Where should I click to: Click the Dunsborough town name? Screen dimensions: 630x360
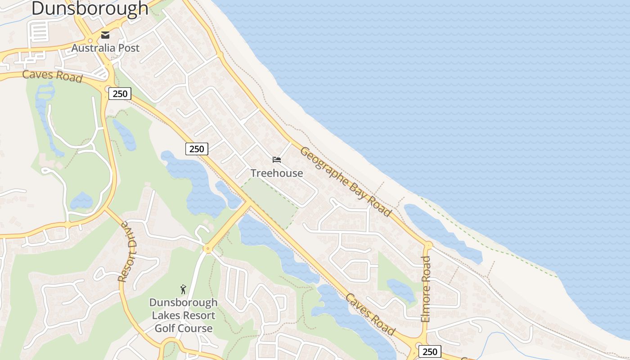tap(90, 9)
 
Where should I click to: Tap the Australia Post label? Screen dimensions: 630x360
tap(105, 48)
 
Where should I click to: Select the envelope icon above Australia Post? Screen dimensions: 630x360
tap(105, 35)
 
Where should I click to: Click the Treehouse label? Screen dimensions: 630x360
tap(277, 173)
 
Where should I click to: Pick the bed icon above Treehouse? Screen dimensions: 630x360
tap(277, 160)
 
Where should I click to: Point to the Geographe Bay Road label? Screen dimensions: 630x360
tap(346, 181)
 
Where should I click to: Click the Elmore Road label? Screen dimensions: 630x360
tap(426, 289)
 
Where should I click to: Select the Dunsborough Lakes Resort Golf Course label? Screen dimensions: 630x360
tap(183, 315)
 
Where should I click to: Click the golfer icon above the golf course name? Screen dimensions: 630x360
tap(183, 289)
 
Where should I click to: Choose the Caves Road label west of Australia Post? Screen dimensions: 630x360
tap(52, 76)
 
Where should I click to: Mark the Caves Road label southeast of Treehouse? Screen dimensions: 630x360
tap(370, 314)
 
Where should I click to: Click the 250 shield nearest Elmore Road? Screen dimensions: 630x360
tap(430, 351)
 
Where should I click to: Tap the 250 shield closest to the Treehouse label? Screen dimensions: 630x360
tap(197, 149)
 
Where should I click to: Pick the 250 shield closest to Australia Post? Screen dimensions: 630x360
tap(120, 94)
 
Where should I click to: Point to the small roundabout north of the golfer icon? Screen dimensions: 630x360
tap(207, 248)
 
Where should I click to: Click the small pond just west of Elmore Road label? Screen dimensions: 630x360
tap(400, 290)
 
